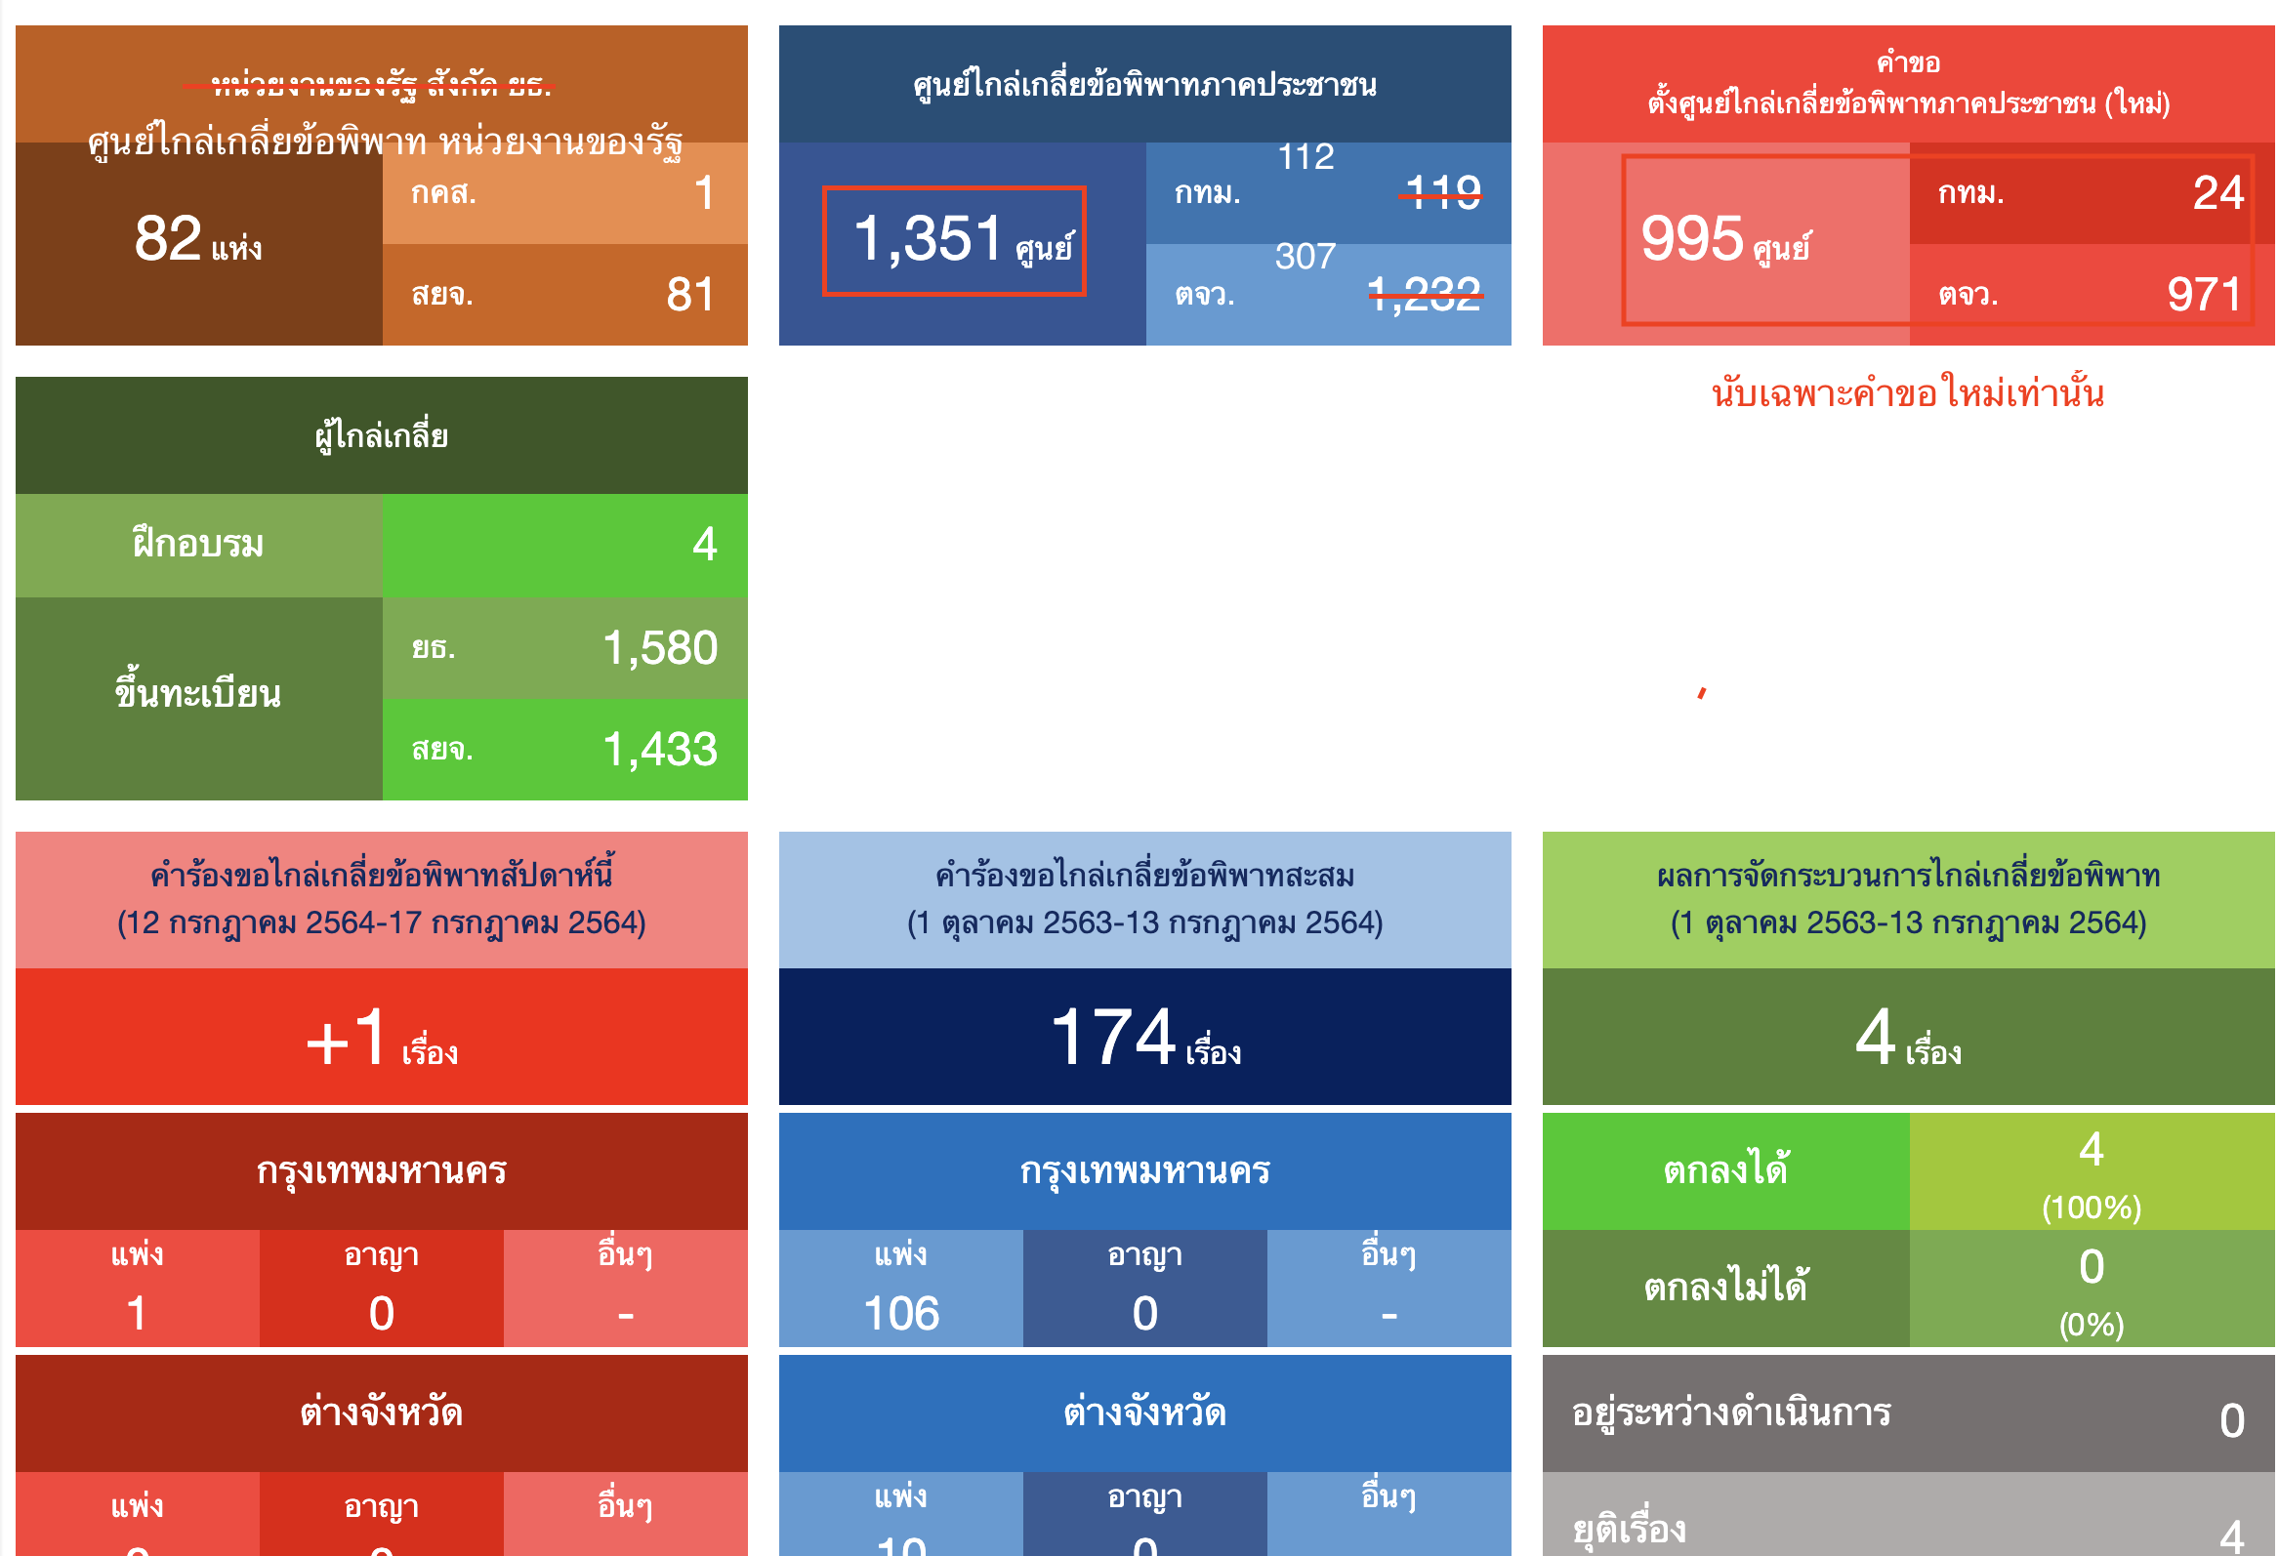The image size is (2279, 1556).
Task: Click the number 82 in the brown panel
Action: coord(168,238)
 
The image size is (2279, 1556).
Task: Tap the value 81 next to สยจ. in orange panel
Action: coord(690,295)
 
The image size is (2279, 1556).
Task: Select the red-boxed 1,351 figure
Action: coord(929,239)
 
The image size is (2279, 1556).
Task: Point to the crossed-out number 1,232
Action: coord(1425,294)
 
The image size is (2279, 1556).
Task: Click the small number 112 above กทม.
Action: coord(1306,157)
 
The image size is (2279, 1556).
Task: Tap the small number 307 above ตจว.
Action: coord(1305,257)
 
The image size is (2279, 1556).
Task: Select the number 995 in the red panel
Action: coord(1692,239)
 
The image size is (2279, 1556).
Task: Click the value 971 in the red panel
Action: coord(2205,295)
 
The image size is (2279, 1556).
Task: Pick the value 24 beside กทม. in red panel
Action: coord(2218,193)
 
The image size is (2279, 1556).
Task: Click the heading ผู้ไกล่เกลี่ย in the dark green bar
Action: coord(382,436)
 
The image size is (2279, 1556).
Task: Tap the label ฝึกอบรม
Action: coord(198,544)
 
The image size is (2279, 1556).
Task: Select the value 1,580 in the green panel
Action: coord(660,648)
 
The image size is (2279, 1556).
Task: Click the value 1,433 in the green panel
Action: coord(660,750)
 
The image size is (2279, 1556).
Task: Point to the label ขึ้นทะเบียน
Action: coord(198,694)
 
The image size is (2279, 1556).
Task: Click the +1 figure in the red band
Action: coord(348,1039)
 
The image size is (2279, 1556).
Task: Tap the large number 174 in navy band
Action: coord(1113,1038)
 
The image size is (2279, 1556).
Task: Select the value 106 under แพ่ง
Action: coord(901,1314)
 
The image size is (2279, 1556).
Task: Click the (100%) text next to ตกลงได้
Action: coord(2092,1208)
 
